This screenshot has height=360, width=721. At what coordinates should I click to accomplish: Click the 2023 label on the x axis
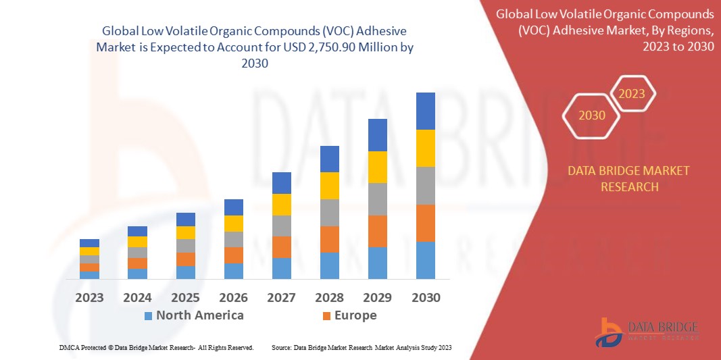pyautogui.click(x=89, y=297)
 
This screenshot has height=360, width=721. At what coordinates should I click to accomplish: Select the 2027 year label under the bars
pyautogui.click(x=282, y=297)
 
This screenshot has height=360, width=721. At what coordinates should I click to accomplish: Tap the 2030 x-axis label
pyautogui.click(x=426, y=297)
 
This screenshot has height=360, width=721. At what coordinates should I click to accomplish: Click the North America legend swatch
pyautogui.click(x=148, y=315)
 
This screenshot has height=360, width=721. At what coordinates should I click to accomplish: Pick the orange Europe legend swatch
pyautogui.click(x=326, y=315)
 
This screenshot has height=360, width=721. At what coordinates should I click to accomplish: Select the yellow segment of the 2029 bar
pyautogui.click(x=378, y=167)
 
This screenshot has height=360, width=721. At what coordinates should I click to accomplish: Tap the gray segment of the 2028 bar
pyautogui.click(x=330, y=212)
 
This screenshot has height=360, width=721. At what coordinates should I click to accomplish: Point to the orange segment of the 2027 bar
pyautogui.click(x=282, y=247)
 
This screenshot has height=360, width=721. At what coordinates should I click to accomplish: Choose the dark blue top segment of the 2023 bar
pyautogui.click(x=89, y=243)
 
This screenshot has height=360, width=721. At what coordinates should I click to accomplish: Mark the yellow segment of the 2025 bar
pyautogui.click(x=186, y=232)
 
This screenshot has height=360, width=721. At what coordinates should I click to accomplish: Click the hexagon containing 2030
pyautogui.click(x=592, y=115)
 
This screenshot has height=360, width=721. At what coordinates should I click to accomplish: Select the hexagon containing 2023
pyautogui.click(x=632, y=94)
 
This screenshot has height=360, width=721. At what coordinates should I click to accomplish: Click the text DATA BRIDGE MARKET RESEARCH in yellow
pyautogui.click(x=629, y=178)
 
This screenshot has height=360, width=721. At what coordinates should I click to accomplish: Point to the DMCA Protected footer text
pyautogui.click(x=155, y=347)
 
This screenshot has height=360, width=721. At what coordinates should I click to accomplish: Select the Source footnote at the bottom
pyautogui.click(x=361, y=347)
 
